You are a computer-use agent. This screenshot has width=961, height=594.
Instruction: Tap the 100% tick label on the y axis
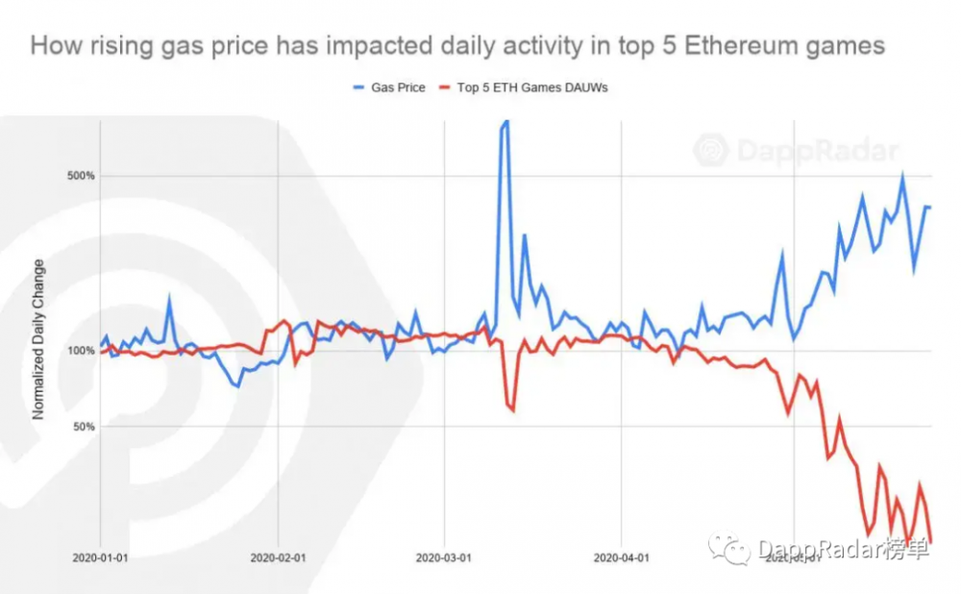coord(79,351)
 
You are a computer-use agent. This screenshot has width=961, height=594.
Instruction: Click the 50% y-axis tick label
coord(82,426)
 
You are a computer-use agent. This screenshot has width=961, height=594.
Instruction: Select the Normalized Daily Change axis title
coord(39,339)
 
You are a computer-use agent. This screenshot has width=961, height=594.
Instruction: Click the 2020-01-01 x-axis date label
coord(101,557)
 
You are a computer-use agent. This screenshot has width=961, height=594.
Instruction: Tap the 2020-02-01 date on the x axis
coord(278,557)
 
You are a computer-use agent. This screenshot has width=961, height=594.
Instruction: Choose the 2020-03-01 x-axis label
coord(444,557)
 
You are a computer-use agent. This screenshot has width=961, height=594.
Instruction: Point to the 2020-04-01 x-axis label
coord(621,557)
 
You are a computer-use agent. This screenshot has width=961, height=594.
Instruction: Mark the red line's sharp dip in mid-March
coord(512,409)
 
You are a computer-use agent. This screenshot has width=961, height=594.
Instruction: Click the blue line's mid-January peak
coord(170,300)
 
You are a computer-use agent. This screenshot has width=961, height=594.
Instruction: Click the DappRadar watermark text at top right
coord(817,151)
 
